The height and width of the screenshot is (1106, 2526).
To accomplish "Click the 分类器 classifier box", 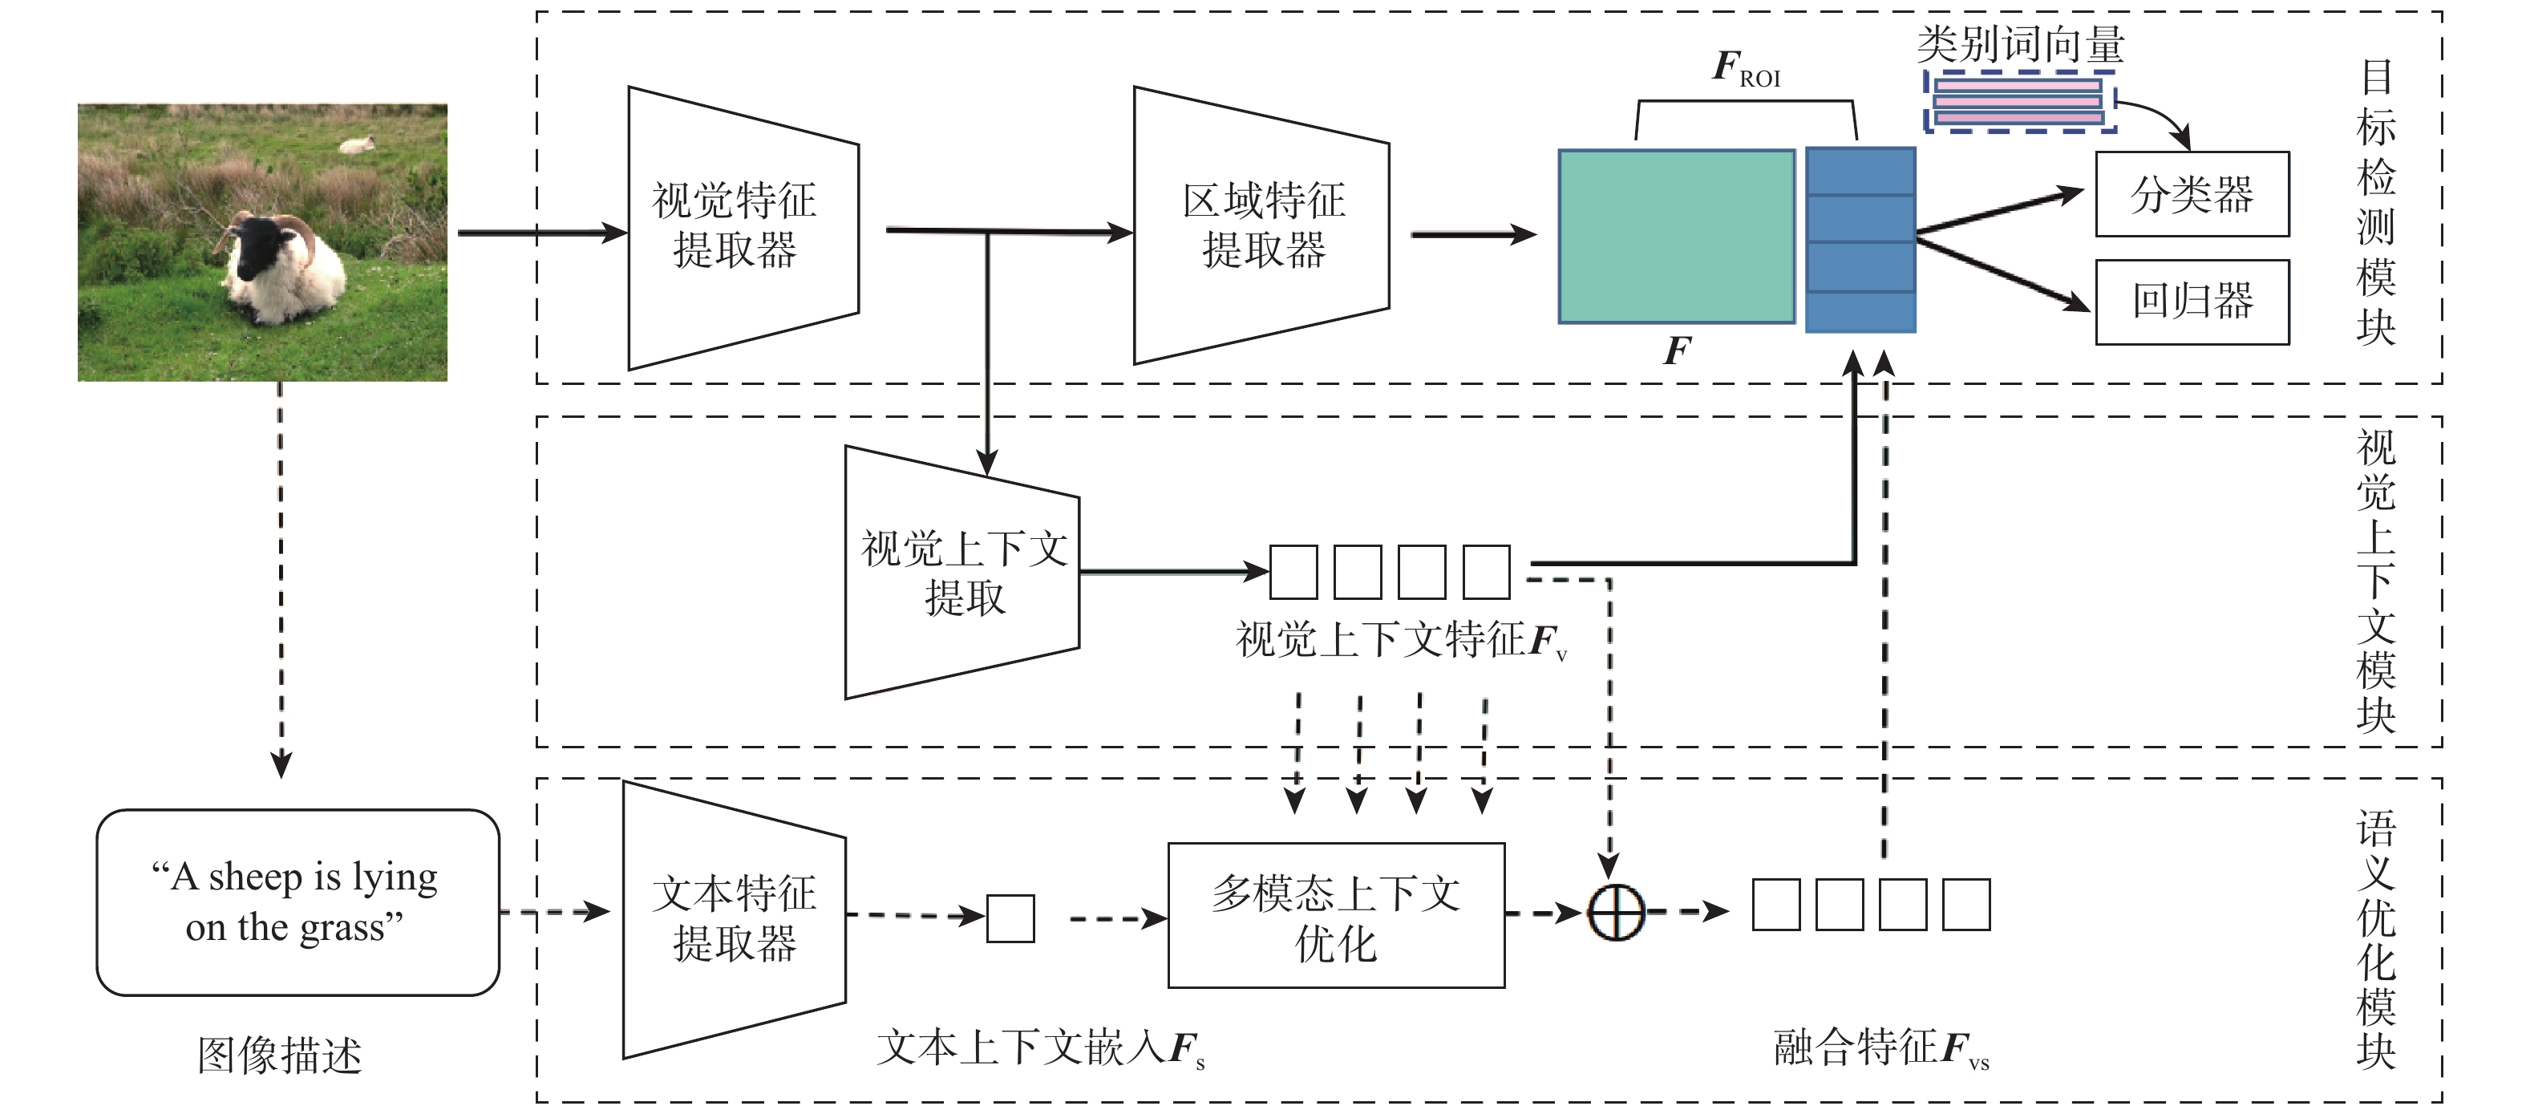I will [x=2192, y=194].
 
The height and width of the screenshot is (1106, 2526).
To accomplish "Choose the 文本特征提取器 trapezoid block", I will [x=735, y=918].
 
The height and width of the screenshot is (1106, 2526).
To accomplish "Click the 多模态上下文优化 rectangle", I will [x=1335, y=916].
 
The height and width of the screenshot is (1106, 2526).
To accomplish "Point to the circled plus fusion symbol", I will [x=1615, y=913].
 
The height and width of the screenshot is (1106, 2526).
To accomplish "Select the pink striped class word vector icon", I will [x=2018, y=102].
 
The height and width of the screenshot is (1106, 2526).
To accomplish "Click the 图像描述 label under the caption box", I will [x=280, y=1055].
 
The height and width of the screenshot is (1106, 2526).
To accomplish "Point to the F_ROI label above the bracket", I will [x=1747, y=69].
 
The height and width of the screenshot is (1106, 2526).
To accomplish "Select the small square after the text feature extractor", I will [x=1010, y=918].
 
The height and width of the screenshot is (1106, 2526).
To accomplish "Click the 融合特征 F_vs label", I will [x=1880, y=1048].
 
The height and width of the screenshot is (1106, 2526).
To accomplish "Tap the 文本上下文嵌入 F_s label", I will [x=1039, y=1048].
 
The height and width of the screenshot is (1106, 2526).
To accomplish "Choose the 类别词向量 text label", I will [x=2020, y=44].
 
